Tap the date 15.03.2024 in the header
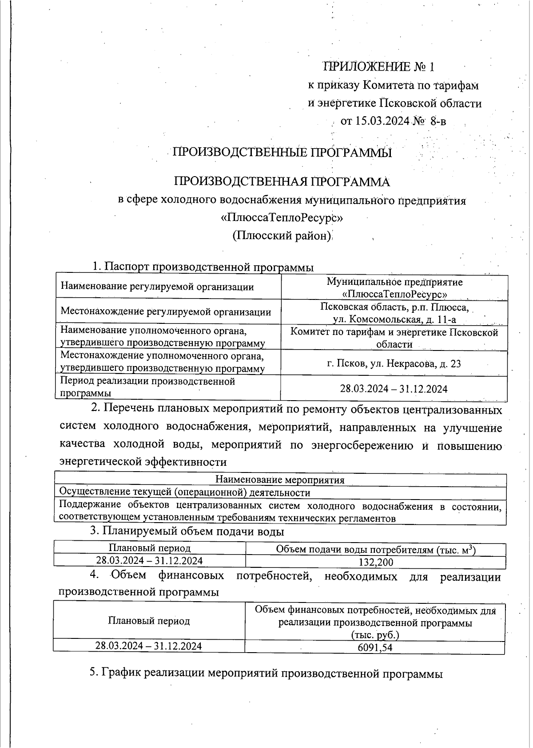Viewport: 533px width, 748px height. tap(381, 121)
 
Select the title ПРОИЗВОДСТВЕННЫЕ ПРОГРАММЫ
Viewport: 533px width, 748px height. tap(282, 153)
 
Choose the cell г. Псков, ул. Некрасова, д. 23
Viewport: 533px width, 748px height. tap(394, 364)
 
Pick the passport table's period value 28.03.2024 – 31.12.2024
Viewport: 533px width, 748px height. tap(394, 389)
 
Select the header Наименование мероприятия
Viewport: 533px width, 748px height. tap(280, 480)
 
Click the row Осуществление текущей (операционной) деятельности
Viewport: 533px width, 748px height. tap(185, 492)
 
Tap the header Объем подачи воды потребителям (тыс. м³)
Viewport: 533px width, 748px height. tap(376, 550)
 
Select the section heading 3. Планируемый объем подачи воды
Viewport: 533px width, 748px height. tap(187, 531)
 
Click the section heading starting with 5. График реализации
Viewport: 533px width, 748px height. tap(266, 673)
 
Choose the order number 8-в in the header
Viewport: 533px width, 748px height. tap(438, 121)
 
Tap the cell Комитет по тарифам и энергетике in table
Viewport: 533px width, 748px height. tap(394, 338)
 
